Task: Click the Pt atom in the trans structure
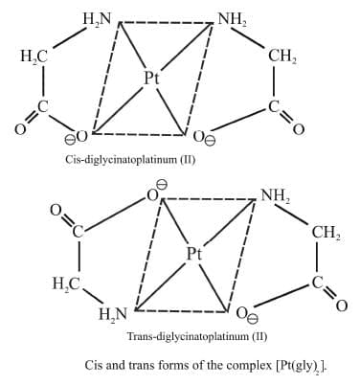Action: click(195, 254)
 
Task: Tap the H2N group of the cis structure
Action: click(99, 17)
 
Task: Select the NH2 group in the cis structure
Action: click(232, 17)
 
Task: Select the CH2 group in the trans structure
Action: click(324, 232)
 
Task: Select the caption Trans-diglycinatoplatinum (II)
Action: click(196, 336)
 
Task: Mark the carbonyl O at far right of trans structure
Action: click(342, 305)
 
